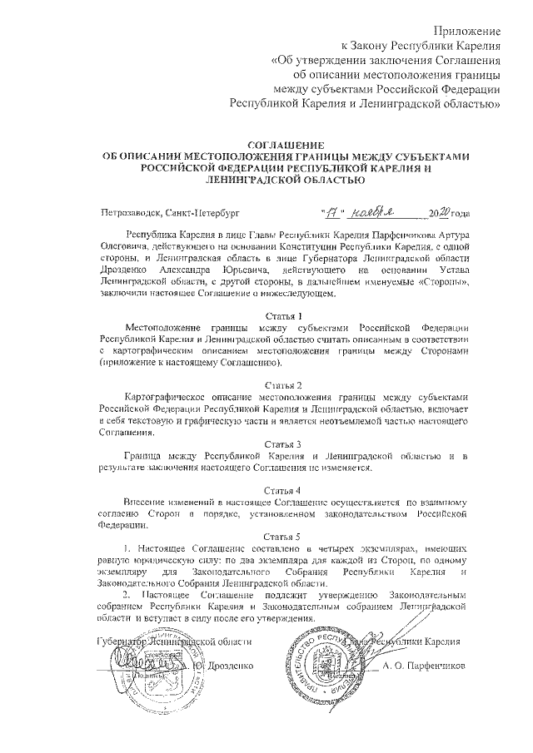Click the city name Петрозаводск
pos(130,213)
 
